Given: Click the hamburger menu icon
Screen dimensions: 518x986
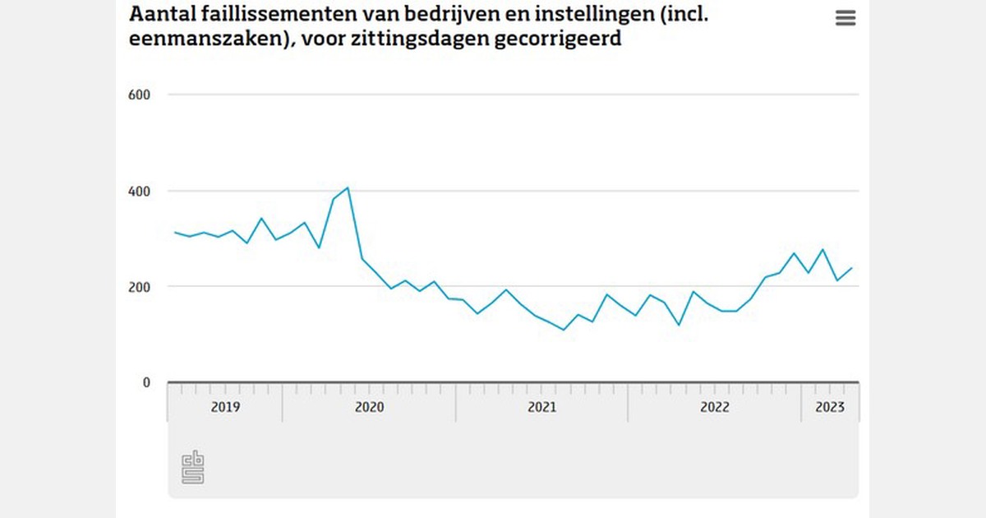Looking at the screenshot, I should (845, 18).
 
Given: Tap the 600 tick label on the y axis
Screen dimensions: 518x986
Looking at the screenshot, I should (139, 95).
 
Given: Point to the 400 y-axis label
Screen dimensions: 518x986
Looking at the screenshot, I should (139, 191).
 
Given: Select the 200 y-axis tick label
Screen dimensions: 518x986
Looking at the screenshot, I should (139, 286).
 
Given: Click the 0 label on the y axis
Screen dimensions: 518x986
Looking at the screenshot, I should (146, 382).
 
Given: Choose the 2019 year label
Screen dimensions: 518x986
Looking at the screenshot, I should (225, 407).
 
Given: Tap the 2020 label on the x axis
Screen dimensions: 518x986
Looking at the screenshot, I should (369, 407).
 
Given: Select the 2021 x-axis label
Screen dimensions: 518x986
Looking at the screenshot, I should (541, 407).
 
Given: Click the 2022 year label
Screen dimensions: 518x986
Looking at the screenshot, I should (714, 407).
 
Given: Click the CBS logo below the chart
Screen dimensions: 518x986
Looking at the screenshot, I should (192, 467).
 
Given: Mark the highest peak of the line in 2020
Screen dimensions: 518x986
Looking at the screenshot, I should (348, 187).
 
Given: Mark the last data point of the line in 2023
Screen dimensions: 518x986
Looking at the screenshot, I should (852, 267).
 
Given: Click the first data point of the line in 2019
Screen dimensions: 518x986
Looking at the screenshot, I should (175, 232).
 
